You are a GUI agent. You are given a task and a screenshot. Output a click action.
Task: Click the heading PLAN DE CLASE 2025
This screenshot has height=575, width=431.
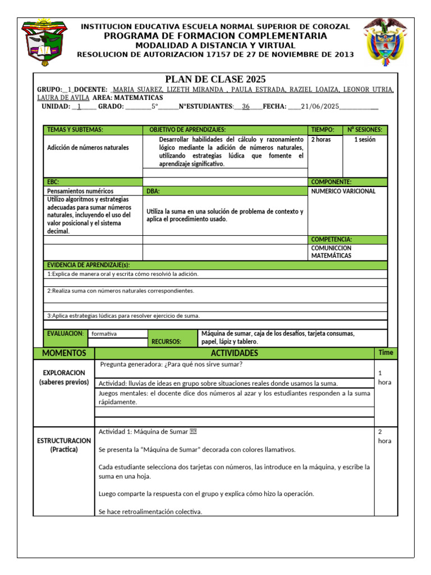pos(215,79)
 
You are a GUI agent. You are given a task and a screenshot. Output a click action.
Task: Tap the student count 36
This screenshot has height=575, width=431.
pos(246,106)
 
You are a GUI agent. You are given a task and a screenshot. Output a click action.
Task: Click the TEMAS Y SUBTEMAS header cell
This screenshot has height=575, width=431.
pos(75,130)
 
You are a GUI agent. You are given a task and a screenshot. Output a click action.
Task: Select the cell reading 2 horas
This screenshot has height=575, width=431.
pos(321,139)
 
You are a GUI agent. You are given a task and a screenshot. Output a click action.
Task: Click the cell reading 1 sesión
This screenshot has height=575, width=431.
pos(365,139)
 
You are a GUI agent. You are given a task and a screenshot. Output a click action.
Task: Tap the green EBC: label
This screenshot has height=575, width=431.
pos(53,182)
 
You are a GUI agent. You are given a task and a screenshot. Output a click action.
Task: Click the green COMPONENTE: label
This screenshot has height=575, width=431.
pos(331,182)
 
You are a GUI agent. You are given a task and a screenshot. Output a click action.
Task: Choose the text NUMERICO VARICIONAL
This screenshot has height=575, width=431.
pos(343,191)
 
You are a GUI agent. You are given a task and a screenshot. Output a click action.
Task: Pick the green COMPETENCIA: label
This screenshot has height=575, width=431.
pos(331,239)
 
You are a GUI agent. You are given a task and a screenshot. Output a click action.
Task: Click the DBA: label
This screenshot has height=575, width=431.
pos(153,191)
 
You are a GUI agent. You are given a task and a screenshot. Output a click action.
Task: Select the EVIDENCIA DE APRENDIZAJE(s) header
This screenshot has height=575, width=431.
pos(88,265)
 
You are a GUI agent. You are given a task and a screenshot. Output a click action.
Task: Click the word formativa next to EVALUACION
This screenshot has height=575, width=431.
pos(104,334)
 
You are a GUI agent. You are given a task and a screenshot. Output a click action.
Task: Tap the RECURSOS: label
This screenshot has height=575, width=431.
pos(167,341)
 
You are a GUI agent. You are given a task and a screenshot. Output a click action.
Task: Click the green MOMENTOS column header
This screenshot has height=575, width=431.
pos(60,353)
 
